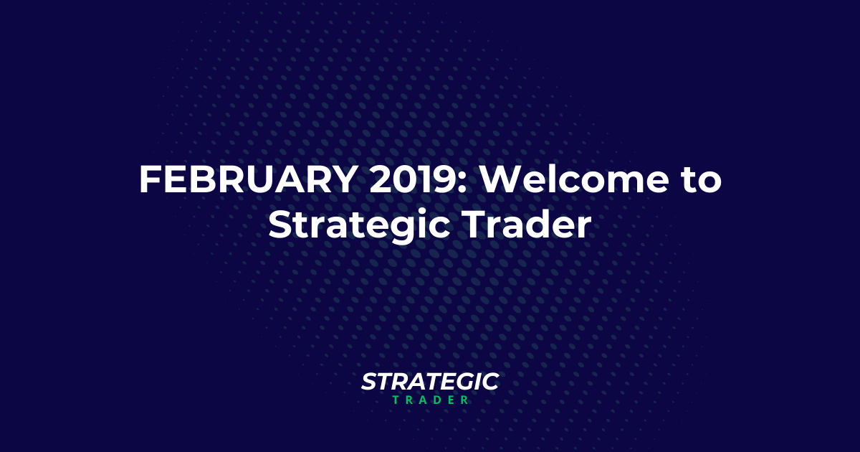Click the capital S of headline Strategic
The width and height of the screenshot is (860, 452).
pos(280,225)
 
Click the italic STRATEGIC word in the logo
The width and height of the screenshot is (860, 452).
pos(430,382)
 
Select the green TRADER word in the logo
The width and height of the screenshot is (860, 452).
pos(430,400)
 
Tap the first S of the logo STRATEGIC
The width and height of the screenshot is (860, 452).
pos(368,382)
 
